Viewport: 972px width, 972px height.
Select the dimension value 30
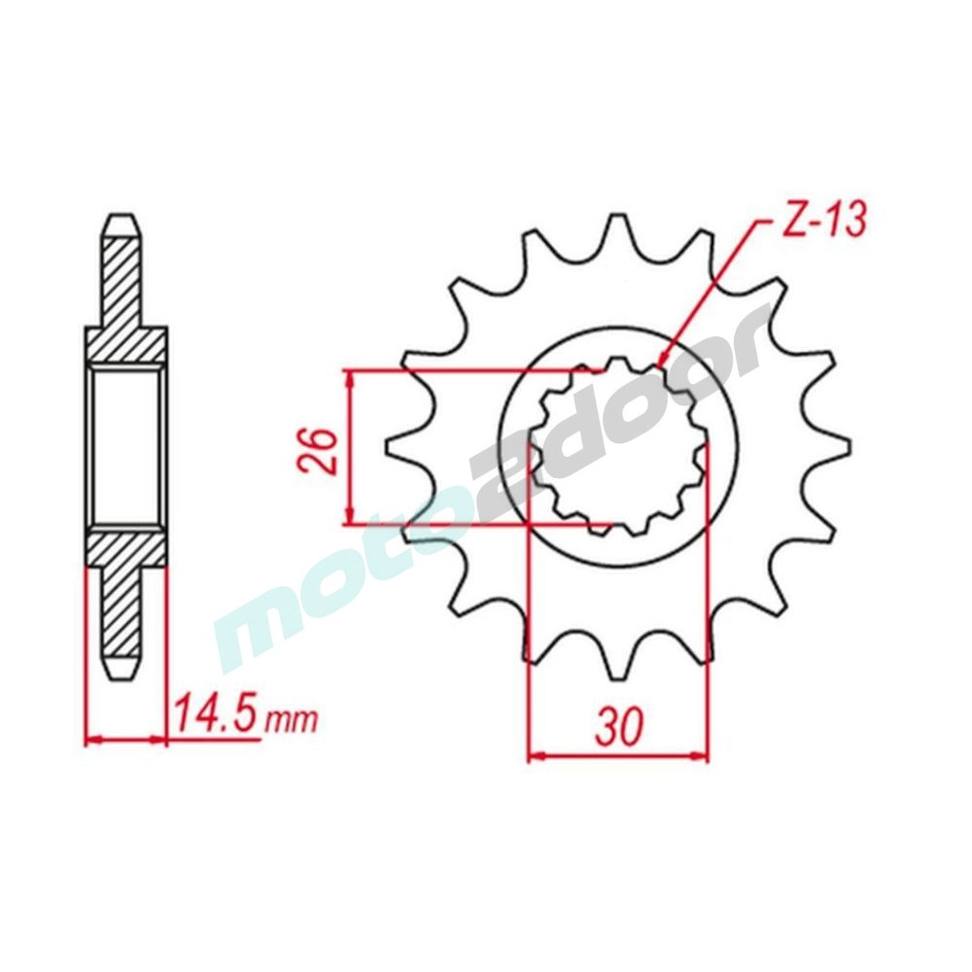(617, 726)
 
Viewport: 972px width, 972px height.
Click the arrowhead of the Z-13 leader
(663, 362)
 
